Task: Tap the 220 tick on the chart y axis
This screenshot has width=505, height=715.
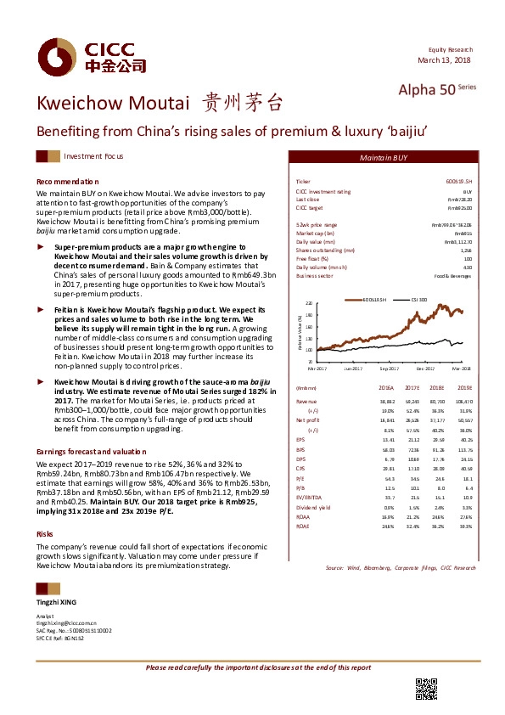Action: (x=308, y=303)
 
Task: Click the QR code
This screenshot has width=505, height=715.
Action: (x=426, y=688)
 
